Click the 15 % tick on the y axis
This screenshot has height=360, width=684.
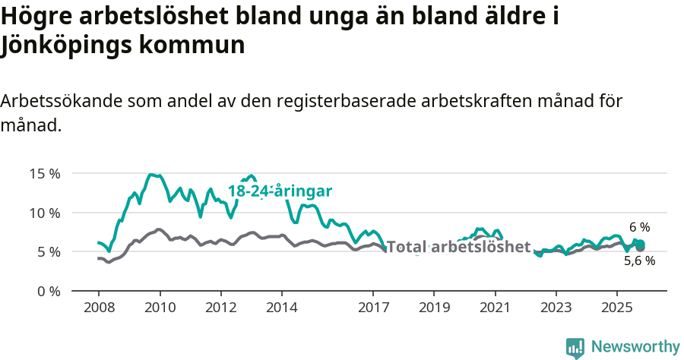[45, 173]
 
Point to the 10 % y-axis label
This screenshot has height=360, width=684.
[45, 212]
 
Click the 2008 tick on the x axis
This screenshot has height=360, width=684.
[99, 308]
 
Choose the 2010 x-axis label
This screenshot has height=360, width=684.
[160, 308]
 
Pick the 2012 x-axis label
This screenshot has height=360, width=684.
[221, 308]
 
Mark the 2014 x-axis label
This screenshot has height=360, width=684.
[282, 308]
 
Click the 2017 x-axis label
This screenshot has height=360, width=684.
[373, 308]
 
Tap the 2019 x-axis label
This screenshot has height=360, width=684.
[434, 308]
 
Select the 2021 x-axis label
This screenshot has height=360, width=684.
[495, 308]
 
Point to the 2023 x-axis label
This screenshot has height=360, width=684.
[556, 308]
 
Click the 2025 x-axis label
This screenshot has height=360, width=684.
[616, 308]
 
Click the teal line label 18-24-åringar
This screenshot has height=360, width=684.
[280, 191]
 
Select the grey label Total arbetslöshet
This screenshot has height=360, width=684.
[458, 247]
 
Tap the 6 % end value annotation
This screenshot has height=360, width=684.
[640, 227]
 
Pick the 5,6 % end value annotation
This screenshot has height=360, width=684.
[639, 261]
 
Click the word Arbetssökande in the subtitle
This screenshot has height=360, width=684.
[62, 101]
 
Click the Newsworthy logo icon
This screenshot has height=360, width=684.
[575, 347]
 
